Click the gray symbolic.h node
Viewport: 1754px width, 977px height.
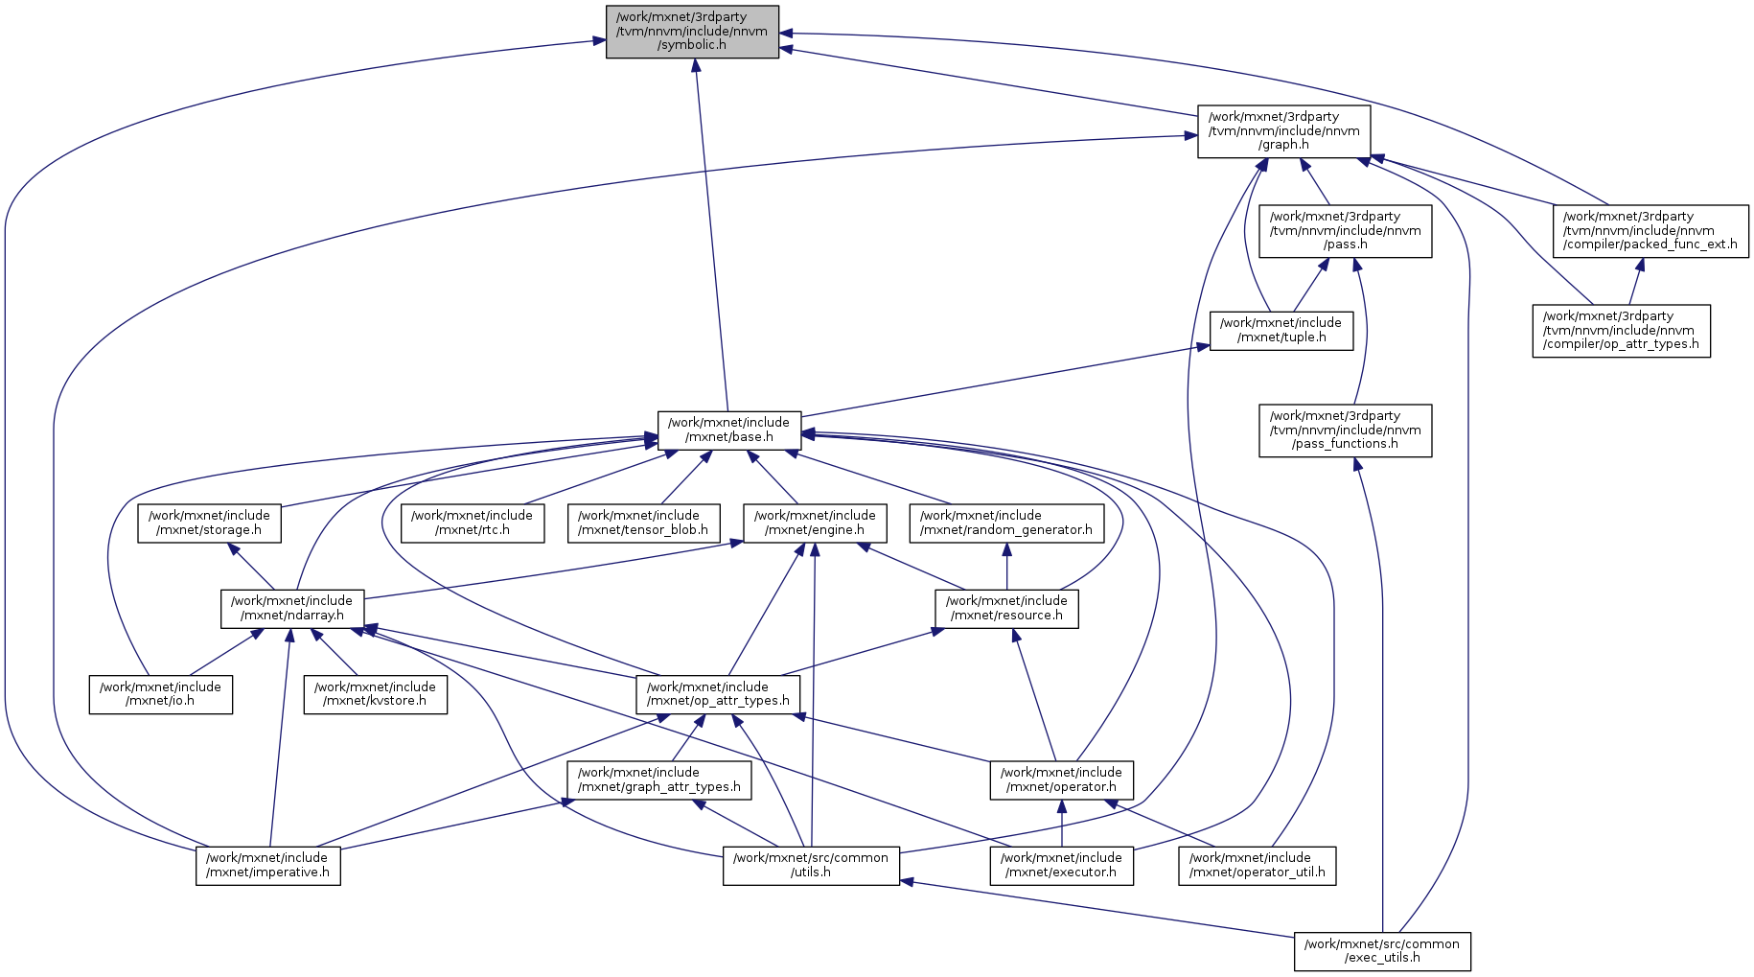pos(692,32)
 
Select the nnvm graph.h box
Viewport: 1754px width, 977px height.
pos(1283,131)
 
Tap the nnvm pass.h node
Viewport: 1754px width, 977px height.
pos(1345,231)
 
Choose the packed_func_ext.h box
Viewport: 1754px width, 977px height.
pos(1650,231)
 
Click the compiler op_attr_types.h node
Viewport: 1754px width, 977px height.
pos(1621,331)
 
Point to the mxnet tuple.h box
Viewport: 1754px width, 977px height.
pos(1281,331)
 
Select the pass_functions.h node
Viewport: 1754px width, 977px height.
pos(1345,430)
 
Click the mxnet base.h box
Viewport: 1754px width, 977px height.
pos(728,430)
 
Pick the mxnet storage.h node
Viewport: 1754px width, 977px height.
pos(209,523)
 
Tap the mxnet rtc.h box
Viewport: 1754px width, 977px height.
pos(473,523)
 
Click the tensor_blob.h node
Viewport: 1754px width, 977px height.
pos(643,523)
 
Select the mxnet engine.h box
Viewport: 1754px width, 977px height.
pos(815,523)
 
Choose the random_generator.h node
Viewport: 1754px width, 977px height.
pos(1005,523)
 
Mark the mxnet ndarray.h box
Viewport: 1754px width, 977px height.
pos(292,609)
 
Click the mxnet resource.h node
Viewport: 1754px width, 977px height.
pos(1006,609)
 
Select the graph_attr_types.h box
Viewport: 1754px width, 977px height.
pos(658,780)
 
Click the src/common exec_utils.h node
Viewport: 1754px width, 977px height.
pos(1382,951)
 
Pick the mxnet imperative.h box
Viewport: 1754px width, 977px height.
pos(267,866)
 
